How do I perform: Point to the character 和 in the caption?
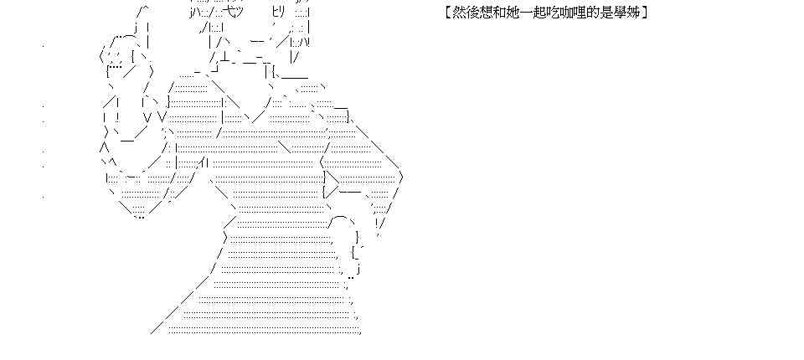[496, 13]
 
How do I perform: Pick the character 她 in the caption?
[509, 13]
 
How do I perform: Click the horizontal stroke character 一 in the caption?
[523, 13]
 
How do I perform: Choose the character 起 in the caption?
[537, 13]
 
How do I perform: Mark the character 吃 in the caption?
[551, 13]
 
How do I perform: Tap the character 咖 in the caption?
[564, 13]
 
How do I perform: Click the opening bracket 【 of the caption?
[442, 13]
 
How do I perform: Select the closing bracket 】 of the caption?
[646, 13]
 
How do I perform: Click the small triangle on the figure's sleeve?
[332, 181]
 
